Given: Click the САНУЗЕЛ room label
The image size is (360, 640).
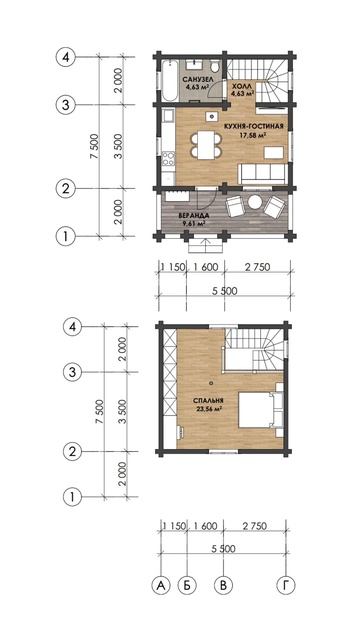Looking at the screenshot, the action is [196, 79].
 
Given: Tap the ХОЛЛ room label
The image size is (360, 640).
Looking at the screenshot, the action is [240, 87].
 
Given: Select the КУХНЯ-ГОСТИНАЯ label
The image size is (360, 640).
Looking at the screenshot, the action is [253, 126].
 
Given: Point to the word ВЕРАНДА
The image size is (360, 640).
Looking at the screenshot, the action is [194, 215].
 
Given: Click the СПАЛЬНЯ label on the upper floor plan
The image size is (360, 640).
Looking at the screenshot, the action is [208, 400].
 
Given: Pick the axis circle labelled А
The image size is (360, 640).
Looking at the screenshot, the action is [161, 585].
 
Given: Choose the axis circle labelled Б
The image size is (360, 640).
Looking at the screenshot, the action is [187, 585].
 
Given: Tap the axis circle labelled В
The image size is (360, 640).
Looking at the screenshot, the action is [224, 585].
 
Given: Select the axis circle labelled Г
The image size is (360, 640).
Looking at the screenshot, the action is [286, 585].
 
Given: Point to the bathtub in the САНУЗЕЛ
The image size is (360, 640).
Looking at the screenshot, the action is [168, 80].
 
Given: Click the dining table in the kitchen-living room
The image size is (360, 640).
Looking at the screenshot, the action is [207, 145].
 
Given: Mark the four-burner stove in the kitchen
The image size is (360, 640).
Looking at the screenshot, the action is [168, 158].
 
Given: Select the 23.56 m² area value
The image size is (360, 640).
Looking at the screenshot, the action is [209, 408].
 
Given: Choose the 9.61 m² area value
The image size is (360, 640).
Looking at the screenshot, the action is [194, 223].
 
